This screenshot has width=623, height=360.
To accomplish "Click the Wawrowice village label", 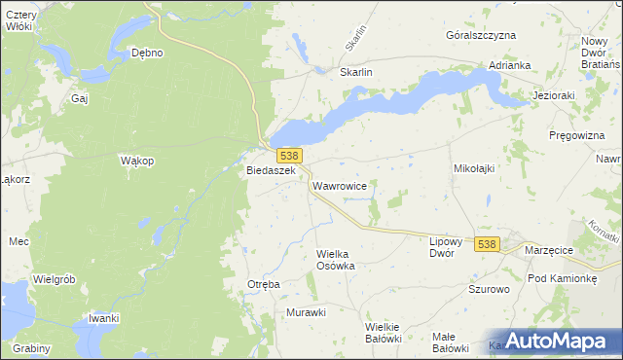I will point(339,184).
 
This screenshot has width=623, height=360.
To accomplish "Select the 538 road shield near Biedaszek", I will point(288,156).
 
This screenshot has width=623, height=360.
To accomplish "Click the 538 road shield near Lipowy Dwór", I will point(488,244).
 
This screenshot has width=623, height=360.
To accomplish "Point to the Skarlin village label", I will point(356,72).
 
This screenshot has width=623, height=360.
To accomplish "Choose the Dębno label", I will point(147,53).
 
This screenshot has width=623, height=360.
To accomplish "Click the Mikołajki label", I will point(475,168).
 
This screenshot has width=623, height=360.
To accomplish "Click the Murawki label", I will point(305,312).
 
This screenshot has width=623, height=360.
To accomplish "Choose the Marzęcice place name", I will point(548,250).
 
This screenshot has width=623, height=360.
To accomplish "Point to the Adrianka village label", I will point(510,65).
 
